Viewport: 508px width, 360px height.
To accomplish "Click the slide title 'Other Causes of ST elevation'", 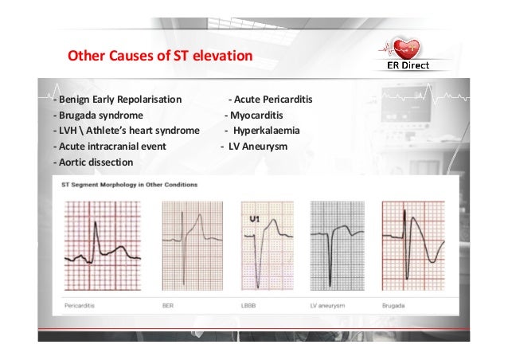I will click(159, 57).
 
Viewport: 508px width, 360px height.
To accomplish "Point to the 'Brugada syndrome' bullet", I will click(98, 115).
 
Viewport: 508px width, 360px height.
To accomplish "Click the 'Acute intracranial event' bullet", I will click(111, 147).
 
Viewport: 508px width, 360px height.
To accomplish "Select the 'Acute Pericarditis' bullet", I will click(271, 100).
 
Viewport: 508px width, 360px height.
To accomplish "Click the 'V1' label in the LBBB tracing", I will click(255, 217).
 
